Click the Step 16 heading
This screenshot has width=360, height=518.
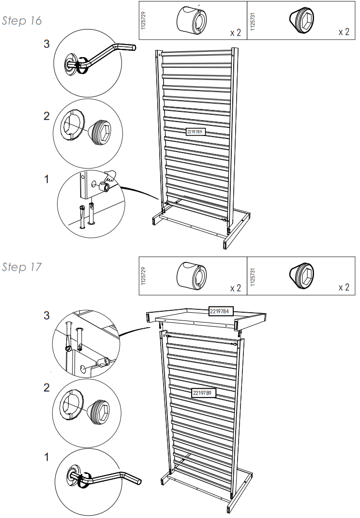(21, 21)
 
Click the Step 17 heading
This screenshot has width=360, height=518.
(21, 267)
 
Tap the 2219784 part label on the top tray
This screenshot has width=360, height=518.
(221, 311)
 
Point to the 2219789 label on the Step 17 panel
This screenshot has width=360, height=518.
(204, 392)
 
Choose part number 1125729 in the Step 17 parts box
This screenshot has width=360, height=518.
(143, 275)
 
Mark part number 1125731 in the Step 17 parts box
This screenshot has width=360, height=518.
(252, 275)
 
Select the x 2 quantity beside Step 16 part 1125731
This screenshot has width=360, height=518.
(344, 32)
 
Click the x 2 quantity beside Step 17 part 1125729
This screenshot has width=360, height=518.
(235, 288)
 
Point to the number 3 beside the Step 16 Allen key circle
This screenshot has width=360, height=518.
(47, 45)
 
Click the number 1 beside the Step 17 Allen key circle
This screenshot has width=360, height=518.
(47, 457)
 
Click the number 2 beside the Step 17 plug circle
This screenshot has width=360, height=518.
(47, 387)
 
